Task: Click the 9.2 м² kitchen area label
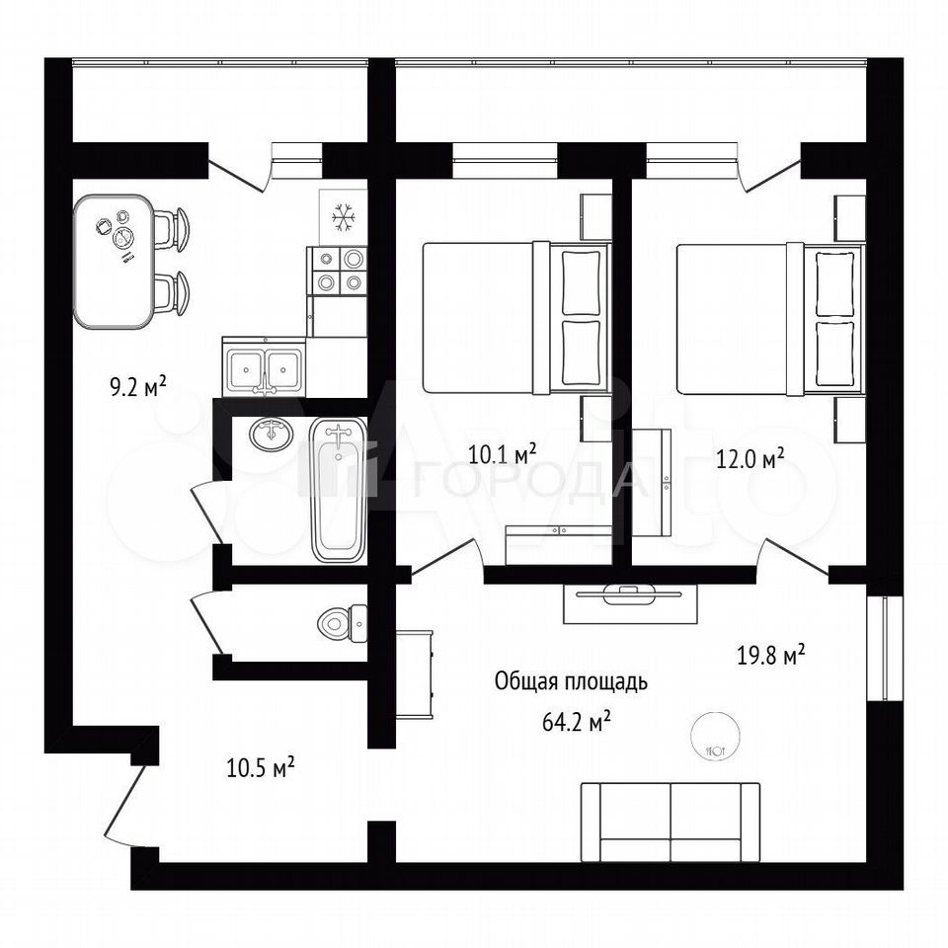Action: pos(138,386)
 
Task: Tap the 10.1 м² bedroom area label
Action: pos(503,453)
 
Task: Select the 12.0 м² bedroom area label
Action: pos(750,458)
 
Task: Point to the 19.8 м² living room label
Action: pos(771,654)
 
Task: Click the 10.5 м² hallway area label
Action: pos(260,768)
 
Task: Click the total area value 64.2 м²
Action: pos(576,721)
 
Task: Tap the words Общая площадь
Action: pos(571,682)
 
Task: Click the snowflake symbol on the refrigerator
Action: pos(344,217)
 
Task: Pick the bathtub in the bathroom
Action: pos(339,491)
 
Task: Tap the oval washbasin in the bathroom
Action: pos(273,433)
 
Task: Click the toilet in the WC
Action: pos(343,623)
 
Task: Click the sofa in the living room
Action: pos(670,822)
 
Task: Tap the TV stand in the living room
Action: pos(630,604)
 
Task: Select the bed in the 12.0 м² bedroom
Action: pos(769,319)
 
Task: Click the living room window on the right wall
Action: pos(885,648)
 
